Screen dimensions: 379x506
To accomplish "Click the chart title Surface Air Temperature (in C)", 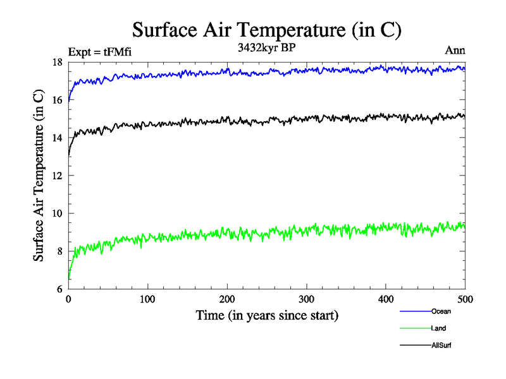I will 266,30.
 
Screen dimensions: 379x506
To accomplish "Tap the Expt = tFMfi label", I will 100,52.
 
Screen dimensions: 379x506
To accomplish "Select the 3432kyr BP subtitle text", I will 266,48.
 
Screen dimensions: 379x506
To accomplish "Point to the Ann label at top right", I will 455,52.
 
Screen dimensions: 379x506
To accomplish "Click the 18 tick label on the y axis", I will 57,62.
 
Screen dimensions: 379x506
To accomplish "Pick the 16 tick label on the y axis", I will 57,100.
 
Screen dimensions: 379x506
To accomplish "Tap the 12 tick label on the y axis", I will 57,176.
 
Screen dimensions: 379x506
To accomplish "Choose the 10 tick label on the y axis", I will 57,214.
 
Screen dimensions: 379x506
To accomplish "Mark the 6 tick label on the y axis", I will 59,289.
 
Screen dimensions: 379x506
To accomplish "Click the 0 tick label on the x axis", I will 68,299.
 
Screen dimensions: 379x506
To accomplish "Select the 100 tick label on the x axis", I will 147,299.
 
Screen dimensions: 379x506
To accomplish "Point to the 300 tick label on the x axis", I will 306,299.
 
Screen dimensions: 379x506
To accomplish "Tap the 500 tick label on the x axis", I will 465,299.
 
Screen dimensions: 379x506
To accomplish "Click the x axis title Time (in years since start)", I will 266,315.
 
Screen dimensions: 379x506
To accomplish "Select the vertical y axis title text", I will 39,176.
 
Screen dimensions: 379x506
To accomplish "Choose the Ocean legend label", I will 441,311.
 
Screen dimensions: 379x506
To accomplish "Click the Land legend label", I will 438,328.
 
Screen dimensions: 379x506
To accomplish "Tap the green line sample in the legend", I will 415,328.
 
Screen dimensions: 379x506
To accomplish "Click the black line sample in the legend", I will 415,346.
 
